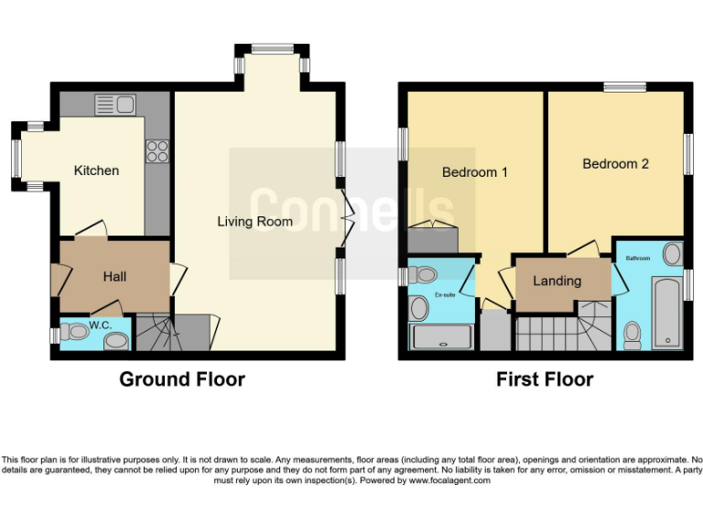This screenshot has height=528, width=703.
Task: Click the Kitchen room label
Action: point(96,170)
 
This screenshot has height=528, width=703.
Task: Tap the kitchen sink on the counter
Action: point(115,105)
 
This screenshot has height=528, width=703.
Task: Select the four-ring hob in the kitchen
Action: point(157,151)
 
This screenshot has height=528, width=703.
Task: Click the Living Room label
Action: point(254,221)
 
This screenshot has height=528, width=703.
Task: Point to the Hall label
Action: point(114,277)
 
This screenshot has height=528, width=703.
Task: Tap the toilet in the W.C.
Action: point(74,333)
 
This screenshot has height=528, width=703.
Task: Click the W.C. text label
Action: point(101,325)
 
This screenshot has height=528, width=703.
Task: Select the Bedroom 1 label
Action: point(475,172)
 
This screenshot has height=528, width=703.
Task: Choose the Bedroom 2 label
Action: point(615,164)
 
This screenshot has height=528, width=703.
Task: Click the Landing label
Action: point(557,281)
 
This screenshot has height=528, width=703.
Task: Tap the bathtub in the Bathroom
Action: point(667,313)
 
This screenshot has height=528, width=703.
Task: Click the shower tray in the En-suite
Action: point(442,336)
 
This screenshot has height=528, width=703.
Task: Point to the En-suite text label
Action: point(445,295)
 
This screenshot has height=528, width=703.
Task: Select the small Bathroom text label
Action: point(637,258)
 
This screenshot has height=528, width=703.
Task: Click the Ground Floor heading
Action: point(182,379)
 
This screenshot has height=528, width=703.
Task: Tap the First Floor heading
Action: point(545,379)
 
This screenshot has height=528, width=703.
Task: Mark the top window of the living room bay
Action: point(272,49)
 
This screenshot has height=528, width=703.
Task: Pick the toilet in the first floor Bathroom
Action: point(633,335)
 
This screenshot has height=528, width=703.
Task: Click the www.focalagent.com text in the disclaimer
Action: point(449,480)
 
